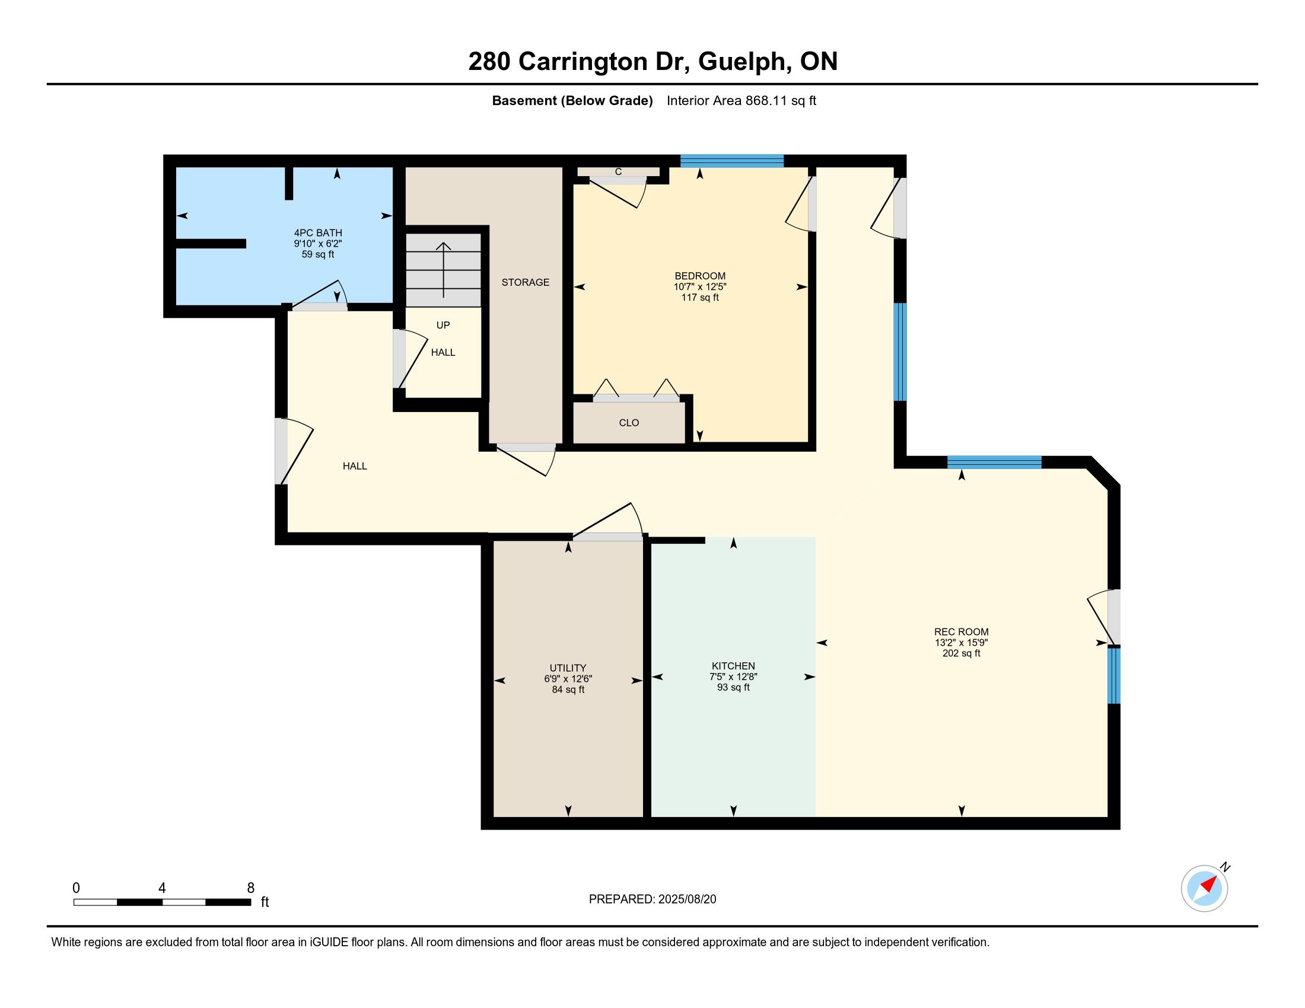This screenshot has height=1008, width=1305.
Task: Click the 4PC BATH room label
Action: (x=318, y=233)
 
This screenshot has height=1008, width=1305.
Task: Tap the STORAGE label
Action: (x=525, y=282)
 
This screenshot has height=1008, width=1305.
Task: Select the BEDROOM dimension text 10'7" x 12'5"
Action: (x=700, y=286)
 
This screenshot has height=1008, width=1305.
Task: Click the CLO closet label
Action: (x=629, y=423)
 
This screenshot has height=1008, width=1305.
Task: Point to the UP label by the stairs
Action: (x=443, y=325)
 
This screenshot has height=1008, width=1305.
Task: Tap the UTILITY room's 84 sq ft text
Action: (x=568, y=690)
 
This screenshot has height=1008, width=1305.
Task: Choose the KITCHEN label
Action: (x=733, y=666)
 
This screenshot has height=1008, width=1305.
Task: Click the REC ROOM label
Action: (x=962, y=632)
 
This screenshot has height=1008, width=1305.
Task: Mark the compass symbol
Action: (x=1205, y=888)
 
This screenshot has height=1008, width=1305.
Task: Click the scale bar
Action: (x=162, y=902)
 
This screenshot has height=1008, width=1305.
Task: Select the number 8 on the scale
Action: (x=251, y=888)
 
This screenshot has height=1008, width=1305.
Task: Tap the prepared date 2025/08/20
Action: (x=686, y=899)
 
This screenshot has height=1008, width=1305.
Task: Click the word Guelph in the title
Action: (x=741, y=62)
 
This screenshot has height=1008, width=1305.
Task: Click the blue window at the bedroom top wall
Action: (x=732, y=161)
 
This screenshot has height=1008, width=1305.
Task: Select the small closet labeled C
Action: (x=619, y=172)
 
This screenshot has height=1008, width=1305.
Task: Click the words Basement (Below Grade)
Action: (x=572, y=101)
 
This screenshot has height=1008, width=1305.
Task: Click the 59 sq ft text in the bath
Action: (x=318, y=254)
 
